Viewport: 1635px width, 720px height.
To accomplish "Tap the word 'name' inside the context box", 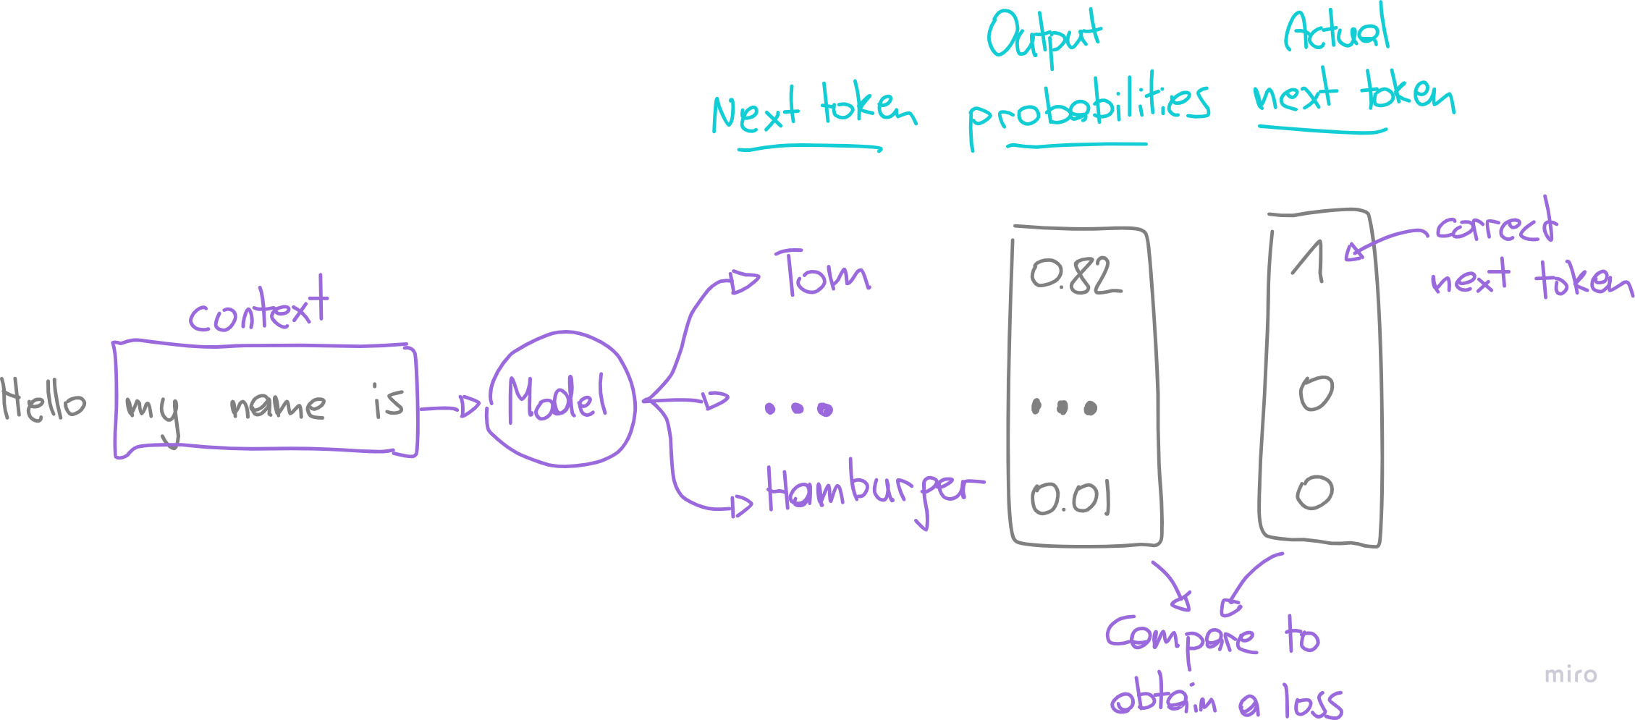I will tap(277, 405).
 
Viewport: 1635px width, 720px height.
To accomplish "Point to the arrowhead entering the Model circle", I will tap(470, 407).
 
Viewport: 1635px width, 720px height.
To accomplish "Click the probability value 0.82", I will tap(1076, 276).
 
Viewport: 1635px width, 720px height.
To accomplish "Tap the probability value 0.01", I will tap(1070, 497).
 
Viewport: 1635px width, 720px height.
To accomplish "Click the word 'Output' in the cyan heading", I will tap(1043, 36).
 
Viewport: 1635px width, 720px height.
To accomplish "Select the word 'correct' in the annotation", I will tap(1495, 226).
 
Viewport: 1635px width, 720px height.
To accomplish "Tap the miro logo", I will tap(1571, 674).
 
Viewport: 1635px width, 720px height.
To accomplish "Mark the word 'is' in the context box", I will tap(388, 401).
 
